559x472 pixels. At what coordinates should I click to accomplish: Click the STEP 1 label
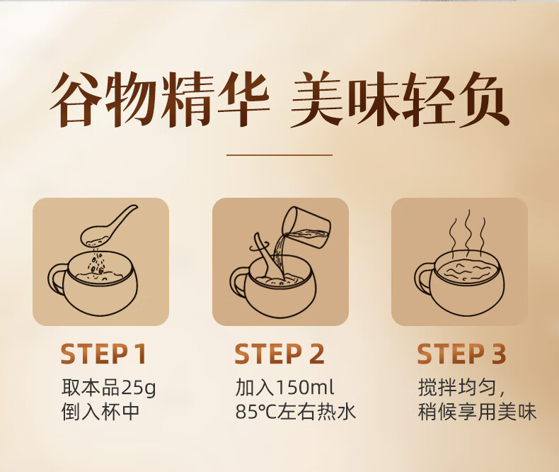103,354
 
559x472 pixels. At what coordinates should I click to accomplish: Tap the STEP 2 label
279,354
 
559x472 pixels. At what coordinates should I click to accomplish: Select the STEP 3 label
461,354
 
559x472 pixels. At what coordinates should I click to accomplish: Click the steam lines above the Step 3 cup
468,230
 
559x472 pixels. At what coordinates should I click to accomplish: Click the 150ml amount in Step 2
305,388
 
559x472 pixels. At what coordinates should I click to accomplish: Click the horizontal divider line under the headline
279,155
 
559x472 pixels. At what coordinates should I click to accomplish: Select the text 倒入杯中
100,412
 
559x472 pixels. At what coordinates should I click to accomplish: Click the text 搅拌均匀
456,388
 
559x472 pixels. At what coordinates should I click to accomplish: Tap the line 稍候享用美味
477,412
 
